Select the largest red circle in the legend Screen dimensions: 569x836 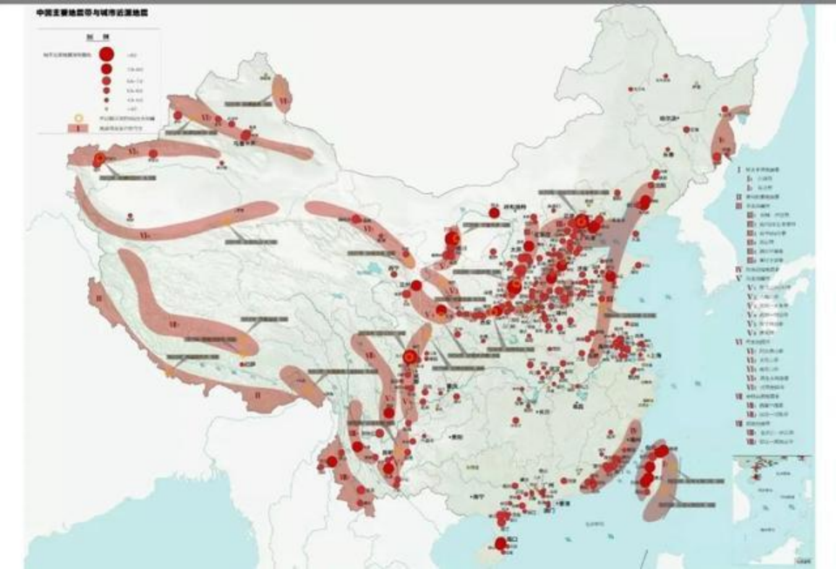click(x=106, y=54)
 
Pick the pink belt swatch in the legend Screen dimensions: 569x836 click(x=78, y=128)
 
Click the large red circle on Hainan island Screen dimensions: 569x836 click(x=500, y=544)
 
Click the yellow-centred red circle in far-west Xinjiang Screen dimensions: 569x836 click(x=100, y=158)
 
